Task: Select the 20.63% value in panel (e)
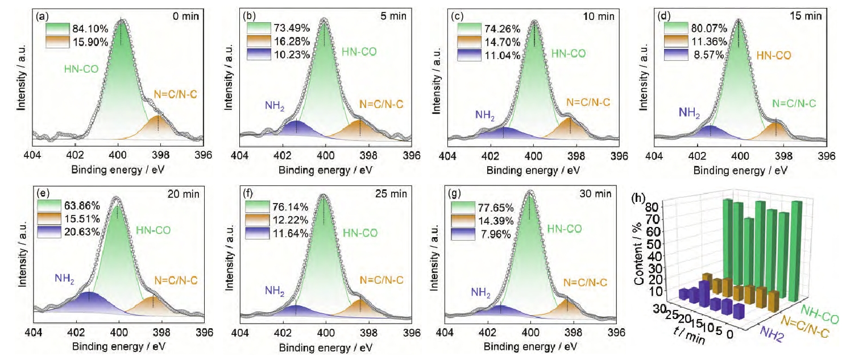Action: tap(87, 231)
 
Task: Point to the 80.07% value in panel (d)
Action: tap(710, 28)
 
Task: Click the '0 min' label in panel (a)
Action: tap(186, 16)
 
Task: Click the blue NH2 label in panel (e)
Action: tap(66, 278)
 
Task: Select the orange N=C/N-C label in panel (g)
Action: tap(587, 282)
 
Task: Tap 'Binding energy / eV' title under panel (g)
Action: tap(529, 347)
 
